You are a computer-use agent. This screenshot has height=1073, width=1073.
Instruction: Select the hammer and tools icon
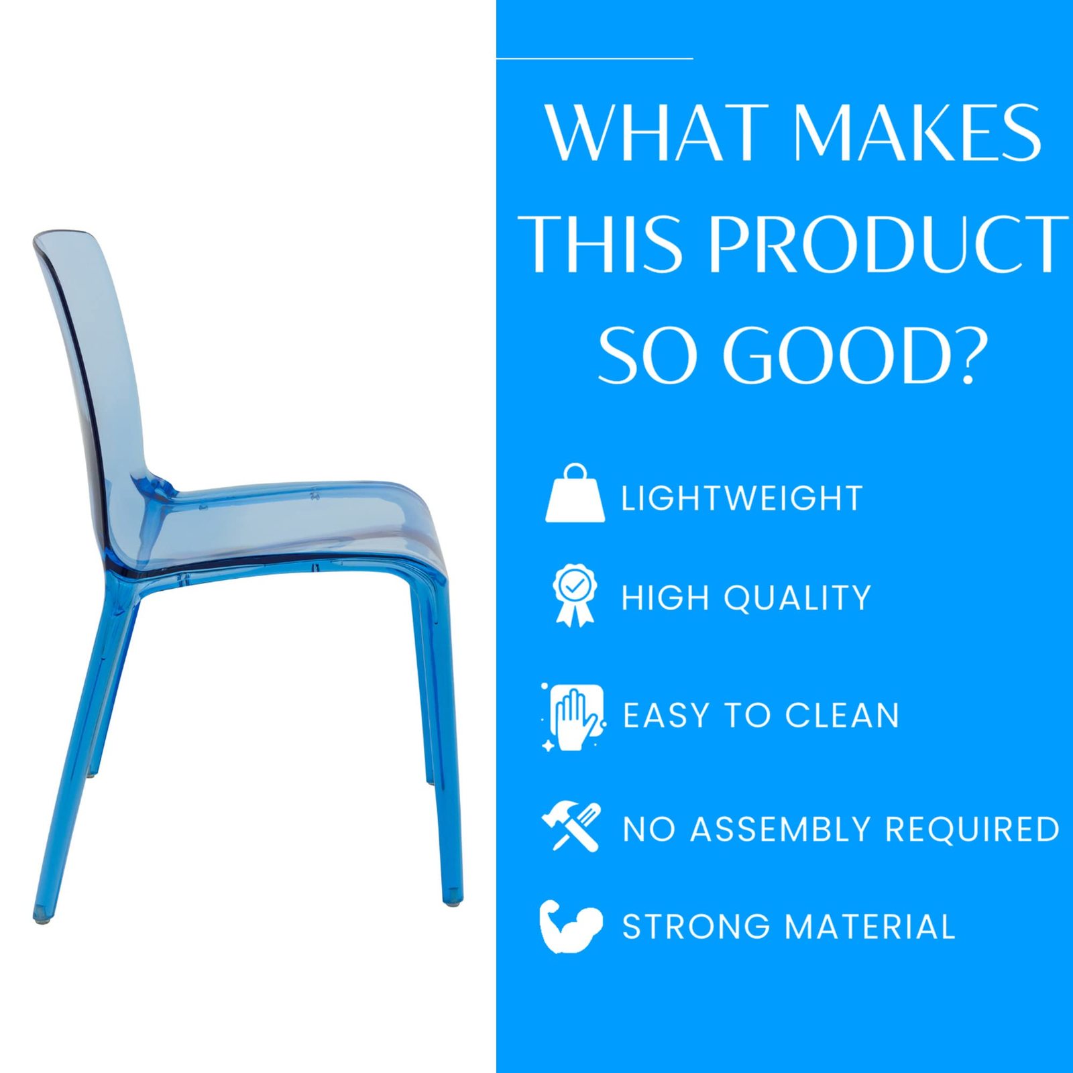pos(571,827)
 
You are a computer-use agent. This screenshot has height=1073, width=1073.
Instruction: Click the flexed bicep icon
pos(571,926)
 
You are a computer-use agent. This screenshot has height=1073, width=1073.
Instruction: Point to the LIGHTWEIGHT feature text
pos(742,498)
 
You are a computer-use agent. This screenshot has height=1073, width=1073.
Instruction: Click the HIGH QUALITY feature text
pos(746,598)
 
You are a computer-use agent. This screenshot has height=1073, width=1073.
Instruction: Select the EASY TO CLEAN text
pos(761,715)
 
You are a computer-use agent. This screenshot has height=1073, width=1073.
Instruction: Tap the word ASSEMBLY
pos(783,829)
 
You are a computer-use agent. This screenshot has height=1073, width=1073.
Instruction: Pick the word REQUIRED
pos(972,829)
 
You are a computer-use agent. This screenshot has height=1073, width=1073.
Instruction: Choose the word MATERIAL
pos(870,927)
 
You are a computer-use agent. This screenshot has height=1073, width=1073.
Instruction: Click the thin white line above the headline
pos(594,58)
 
